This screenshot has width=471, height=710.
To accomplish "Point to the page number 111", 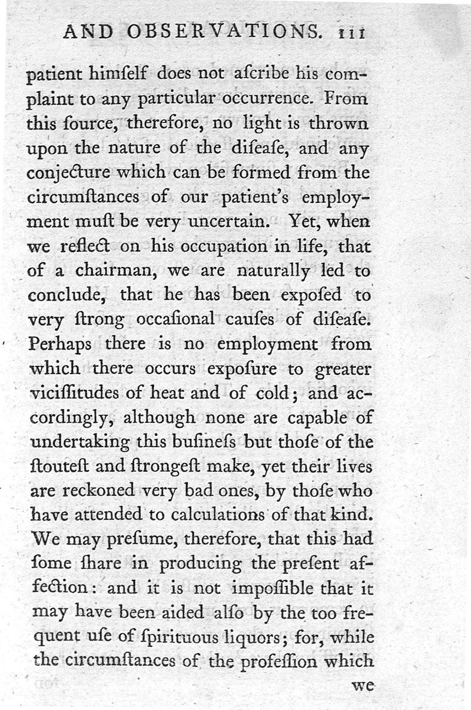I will tap(349, 33).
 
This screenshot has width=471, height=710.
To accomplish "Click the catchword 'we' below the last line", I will tap(362, 686).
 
